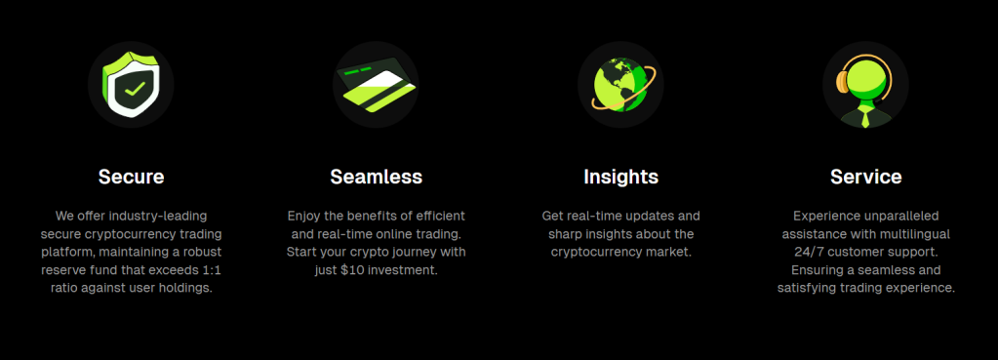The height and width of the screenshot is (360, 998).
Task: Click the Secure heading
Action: click(x=131, y=177)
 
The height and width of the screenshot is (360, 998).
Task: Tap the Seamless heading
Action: click(x=377, y=177)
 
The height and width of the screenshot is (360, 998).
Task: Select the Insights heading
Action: click(x=620, y=177)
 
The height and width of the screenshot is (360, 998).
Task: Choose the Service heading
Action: click(x=865, y=177)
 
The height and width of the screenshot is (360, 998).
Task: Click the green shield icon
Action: click(x=131, y=85)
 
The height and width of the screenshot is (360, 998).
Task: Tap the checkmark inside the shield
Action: click(x=135, y=89)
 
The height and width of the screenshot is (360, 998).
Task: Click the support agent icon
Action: click(x=865, y=89)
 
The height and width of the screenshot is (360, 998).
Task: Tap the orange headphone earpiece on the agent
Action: click(x=842, y=81)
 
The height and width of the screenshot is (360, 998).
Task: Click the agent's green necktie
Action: click(x=865, y=116)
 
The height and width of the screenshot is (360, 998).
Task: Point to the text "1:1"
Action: click(x=211, y=269)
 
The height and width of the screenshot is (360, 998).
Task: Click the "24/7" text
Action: click(x=809, y=252)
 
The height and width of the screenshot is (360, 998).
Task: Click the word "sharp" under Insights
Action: click(x=563, y=234)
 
